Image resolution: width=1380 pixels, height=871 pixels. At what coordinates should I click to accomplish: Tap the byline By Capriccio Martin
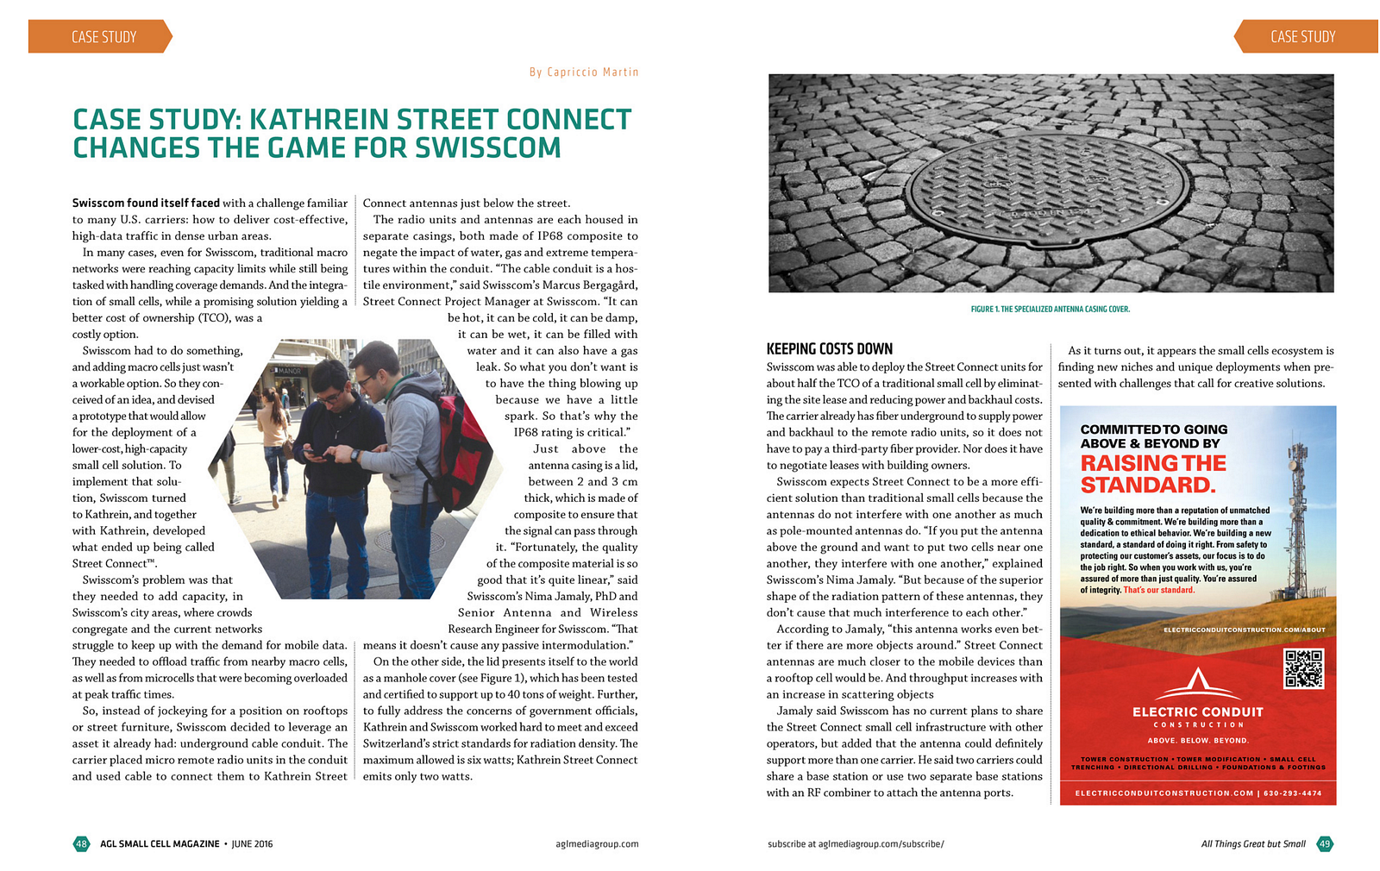coord(584,72)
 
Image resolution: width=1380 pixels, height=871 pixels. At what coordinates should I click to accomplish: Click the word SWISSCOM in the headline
coord(488,148)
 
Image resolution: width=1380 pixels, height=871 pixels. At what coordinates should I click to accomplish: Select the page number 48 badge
coord(81,843)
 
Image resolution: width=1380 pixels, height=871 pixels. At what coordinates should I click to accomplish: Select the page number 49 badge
coord(1324,843)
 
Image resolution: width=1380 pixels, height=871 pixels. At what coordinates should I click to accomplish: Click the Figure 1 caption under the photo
coord(1050,309)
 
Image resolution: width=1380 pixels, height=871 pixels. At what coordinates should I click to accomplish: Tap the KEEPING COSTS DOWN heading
coord(829,349)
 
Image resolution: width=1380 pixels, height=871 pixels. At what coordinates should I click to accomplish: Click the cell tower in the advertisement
coord(1299,517)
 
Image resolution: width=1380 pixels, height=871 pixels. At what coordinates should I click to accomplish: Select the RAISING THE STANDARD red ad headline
coord(1152,473)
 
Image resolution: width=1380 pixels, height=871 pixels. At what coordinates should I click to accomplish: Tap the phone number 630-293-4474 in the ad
coord(1292,793)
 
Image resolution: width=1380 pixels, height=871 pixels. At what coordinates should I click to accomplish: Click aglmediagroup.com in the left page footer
coord(597,843)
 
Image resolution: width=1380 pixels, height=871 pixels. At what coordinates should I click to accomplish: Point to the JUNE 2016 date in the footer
coord(252,843)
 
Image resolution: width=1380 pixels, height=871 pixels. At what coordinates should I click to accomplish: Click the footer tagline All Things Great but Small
coord(1252,843)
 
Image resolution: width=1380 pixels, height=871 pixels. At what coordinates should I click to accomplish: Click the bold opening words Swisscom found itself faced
coord(146,204)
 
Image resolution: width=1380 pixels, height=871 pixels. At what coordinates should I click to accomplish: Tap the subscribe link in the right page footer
coord(856,843)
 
